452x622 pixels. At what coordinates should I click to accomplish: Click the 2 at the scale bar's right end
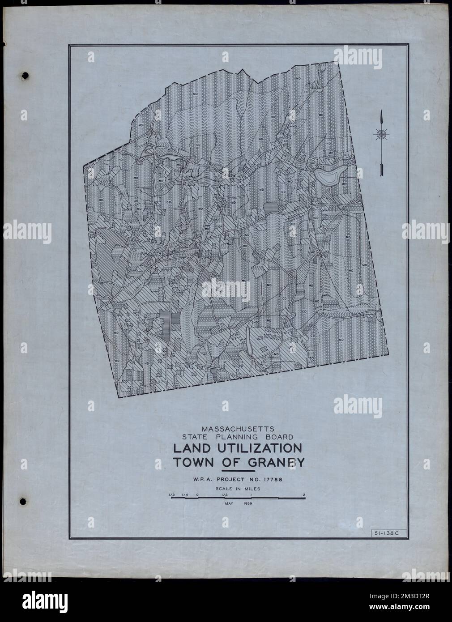pos(304,494)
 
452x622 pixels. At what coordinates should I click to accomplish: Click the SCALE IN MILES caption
pos(237,489)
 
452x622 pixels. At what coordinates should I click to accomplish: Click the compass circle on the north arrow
pos(381,134)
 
